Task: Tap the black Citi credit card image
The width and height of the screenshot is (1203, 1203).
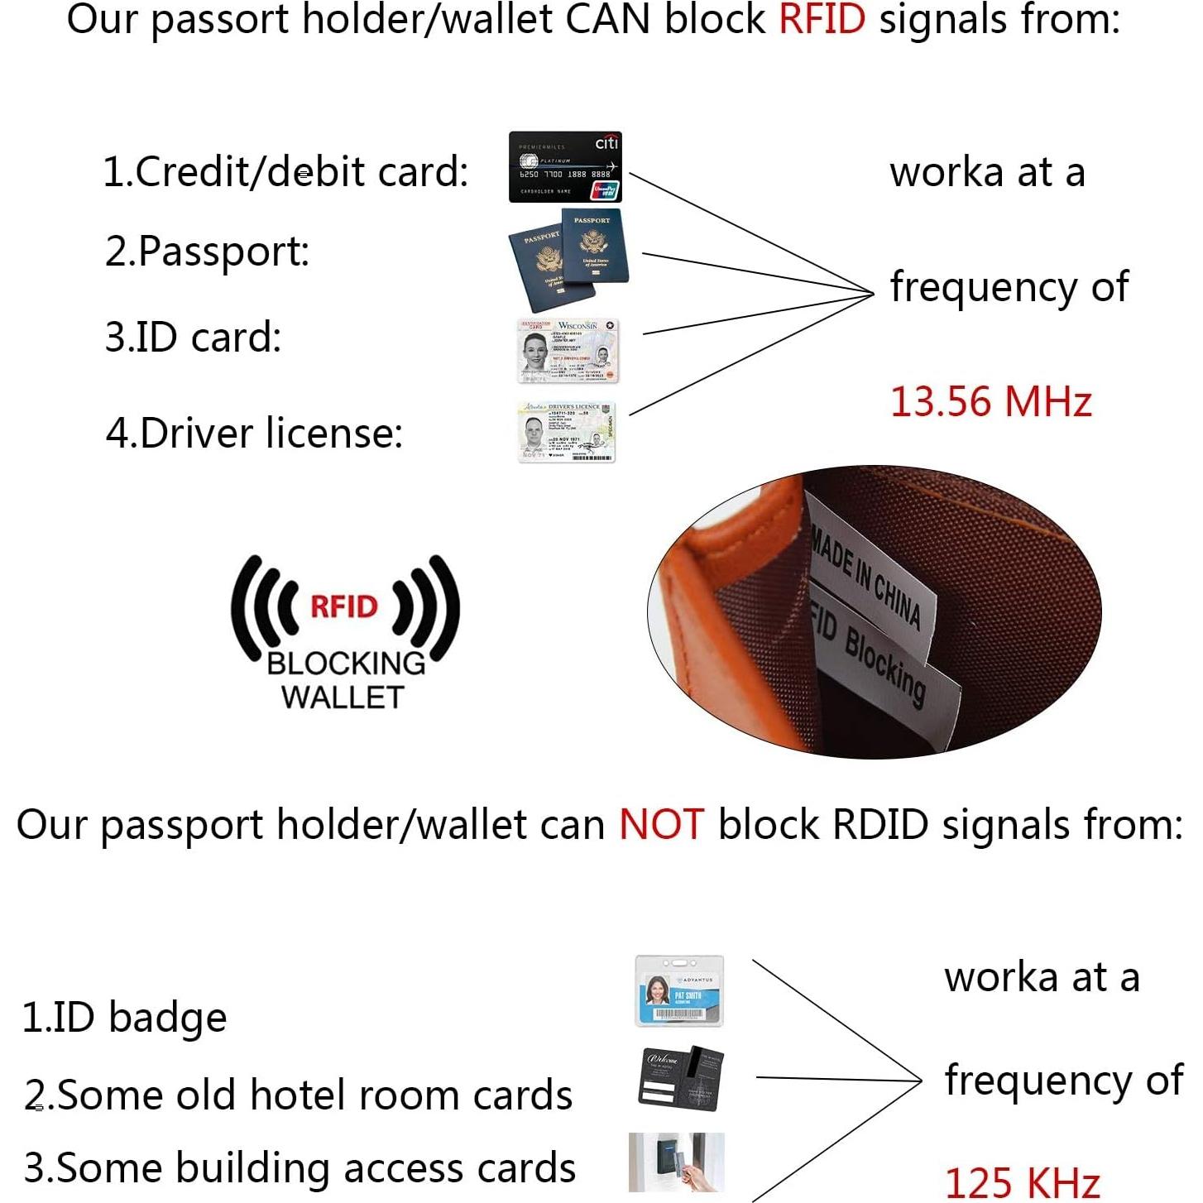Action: pyautogui.click(x=565, y=167)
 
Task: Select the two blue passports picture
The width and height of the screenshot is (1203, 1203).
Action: pyautogui.click(x=568, y=258)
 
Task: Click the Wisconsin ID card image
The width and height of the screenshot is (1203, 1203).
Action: pyautogui.click(x=568, y=351)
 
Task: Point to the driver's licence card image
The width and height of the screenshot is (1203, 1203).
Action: pyautogui.click(x=567, y=432)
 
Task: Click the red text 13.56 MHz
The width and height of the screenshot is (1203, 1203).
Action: pyautogui.click(x=990, y=402)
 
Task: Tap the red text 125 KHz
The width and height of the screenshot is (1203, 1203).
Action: pyautogui.click(x=1022, y=1181)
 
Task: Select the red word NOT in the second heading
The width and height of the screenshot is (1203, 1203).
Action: pyautogui.click(x=661, y=825)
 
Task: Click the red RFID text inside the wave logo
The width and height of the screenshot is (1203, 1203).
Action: pyautogui.click(x=343, y=606)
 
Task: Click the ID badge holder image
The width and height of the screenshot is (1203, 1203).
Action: pyautogui.click(x=679, y=991)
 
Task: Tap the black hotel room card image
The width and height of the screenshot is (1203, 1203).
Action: pyautogui.click(x=681, y=1078)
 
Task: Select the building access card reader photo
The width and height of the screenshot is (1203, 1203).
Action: pyautogui.click(x=676, y=1162)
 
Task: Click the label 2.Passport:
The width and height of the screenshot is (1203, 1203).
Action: pyautogui.click(x=207, y=251)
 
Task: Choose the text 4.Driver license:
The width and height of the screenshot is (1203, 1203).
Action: pyautogui.click(x=254, y=433)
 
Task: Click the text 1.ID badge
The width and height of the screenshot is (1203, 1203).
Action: pyautogui.click(x=124, y=1017)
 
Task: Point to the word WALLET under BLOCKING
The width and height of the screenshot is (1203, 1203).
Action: pyautogui.click(x=343, y=697)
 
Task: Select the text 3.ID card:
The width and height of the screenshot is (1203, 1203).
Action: pyautogui.click(x=193, y=338)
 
